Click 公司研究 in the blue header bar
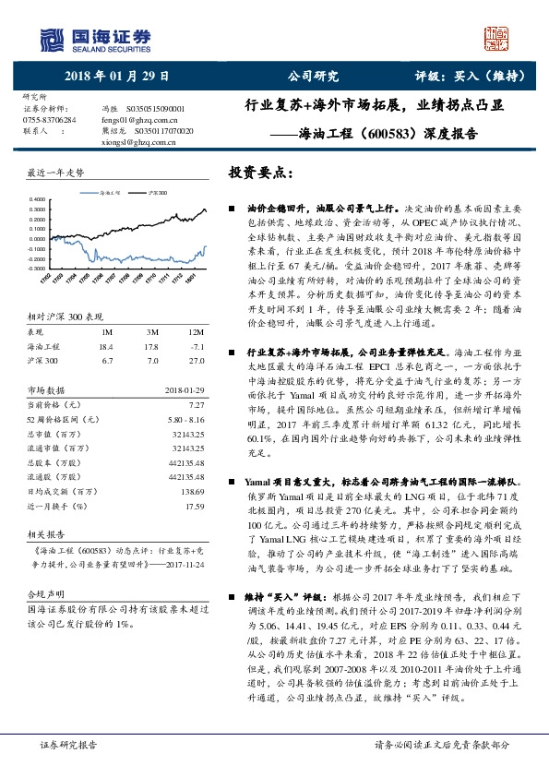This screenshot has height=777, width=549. tap(314, 77)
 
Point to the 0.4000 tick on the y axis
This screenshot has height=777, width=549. tap(37, 199)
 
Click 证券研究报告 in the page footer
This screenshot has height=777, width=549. tap(68, 743)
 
